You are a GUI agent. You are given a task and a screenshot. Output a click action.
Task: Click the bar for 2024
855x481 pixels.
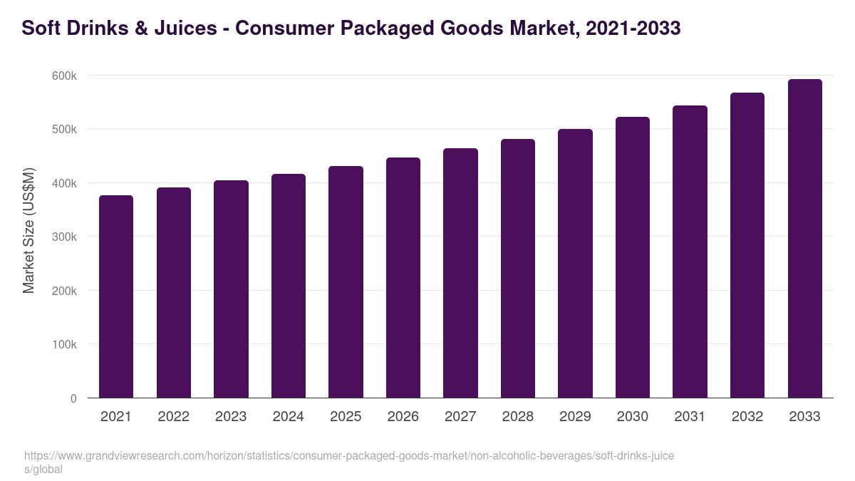tap(289, 286)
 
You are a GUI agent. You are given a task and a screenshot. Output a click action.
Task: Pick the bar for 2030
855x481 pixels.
tap(633, 257)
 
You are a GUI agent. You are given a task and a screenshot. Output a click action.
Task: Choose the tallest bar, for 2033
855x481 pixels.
tap(804, 239)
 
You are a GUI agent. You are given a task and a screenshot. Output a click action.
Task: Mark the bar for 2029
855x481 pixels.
tap(575, 264)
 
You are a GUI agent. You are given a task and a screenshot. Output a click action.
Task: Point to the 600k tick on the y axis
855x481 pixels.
tap(63, 76)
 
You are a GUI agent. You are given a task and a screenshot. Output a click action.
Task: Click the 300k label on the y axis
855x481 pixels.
tap(63, 237)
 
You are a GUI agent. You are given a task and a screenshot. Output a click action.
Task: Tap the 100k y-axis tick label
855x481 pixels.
tap(63, 344)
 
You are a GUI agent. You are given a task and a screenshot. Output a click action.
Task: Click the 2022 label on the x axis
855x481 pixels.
tap(173, 417)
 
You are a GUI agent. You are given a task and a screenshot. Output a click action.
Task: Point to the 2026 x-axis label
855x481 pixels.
tap(403, 417)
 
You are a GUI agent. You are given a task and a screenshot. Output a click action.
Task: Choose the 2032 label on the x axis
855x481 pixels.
tap(747, 417)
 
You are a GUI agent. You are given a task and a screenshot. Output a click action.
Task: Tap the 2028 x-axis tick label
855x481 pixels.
tap(518, 417)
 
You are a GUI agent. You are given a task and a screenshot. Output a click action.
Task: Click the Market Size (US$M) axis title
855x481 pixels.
tap(28, 230)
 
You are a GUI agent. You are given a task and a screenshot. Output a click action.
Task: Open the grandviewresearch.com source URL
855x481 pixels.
tap(349, 456)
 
